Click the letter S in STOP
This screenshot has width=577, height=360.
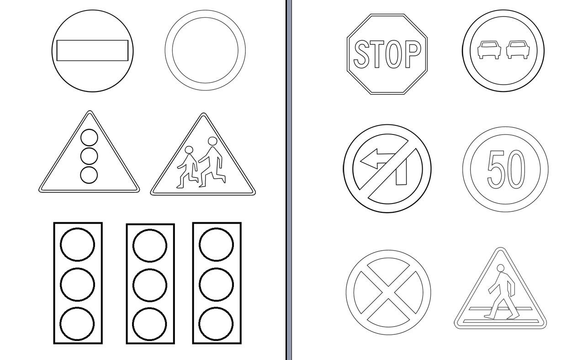tap(361, 54)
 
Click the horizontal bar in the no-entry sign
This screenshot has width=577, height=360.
tap(92, 50)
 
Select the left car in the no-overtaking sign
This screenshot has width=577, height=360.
tap(489, 49)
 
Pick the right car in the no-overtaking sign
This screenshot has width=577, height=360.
tap(518, 49)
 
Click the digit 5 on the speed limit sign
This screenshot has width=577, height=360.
tap(495, 169)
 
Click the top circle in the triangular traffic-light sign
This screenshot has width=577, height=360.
tap(89, 138)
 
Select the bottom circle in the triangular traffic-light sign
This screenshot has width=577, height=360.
tap(89, 175)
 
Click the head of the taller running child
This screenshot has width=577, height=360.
tap(212, 141)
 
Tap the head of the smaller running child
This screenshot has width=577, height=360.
tap(189, 150)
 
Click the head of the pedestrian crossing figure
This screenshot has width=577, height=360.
tap(501, 268)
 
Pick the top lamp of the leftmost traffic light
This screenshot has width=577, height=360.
tap(77, 244)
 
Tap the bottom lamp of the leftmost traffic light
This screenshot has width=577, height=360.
tap(77, 324)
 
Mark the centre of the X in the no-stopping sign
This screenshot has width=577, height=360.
tap(388, 292)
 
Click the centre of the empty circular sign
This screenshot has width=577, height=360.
tap(205, 50)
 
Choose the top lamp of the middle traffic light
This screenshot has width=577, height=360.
tap(150, 246)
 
